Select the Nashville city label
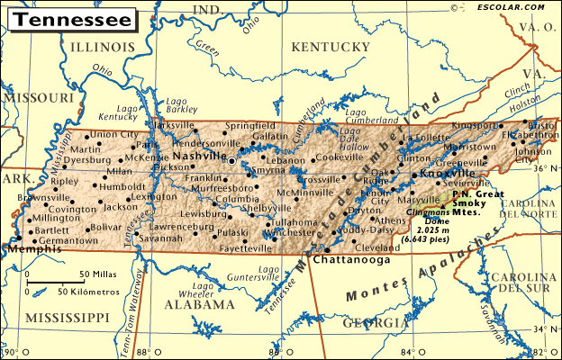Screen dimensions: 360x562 tap(200, 156)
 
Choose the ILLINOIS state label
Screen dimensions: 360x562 tap(102, 45)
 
